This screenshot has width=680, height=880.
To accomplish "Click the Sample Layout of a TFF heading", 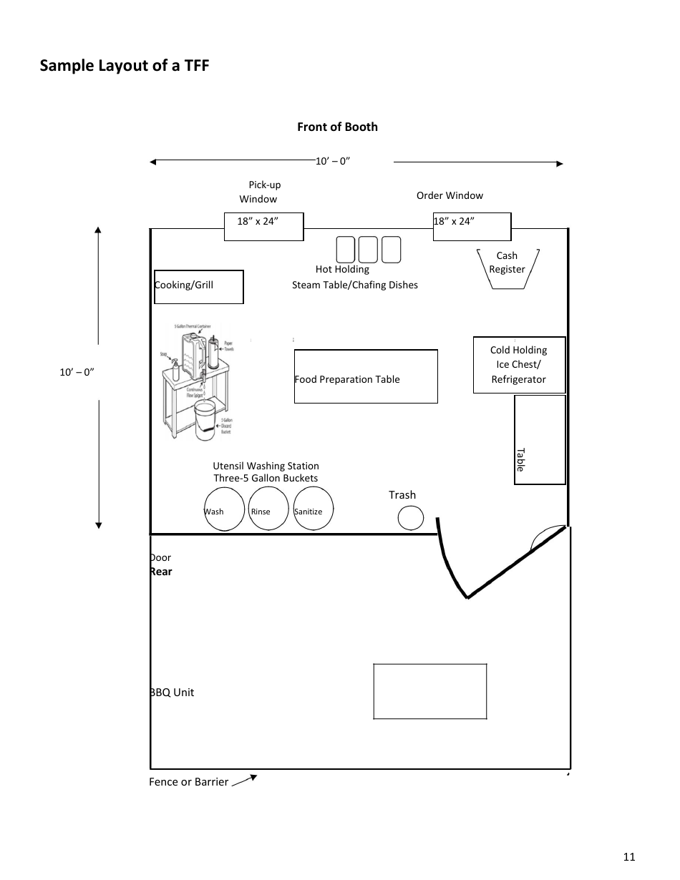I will click(125, 66).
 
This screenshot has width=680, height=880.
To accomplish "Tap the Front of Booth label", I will click(337, 127).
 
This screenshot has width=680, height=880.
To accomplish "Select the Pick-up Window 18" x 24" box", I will click(264, 226).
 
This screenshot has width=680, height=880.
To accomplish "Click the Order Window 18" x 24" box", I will click(472, 226).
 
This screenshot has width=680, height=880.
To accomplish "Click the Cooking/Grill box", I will click(199, 286).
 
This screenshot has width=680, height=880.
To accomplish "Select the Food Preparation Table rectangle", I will click(366, 376).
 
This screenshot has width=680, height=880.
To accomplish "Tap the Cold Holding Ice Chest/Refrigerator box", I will click(519, 365).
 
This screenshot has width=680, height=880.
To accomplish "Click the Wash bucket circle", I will click(224, 509).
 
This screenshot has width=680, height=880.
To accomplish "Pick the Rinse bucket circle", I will click(268, 509).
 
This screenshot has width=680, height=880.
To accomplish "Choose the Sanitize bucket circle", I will click(314, 509).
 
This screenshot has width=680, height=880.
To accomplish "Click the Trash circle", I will click(411, 518).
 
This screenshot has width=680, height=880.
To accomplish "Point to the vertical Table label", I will click(521, 459).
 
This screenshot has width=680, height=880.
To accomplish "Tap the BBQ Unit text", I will click(172, 693).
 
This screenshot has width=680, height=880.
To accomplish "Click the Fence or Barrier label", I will click(188, 782).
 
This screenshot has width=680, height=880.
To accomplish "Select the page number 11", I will click(629, 857).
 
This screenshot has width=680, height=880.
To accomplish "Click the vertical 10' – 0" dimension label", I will click(77, 372).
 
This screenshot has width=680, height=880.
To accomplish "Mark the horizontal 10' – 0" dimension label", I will click(333, 161).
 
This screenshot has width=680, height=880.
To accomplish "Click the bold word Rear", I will click(161, 572).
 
